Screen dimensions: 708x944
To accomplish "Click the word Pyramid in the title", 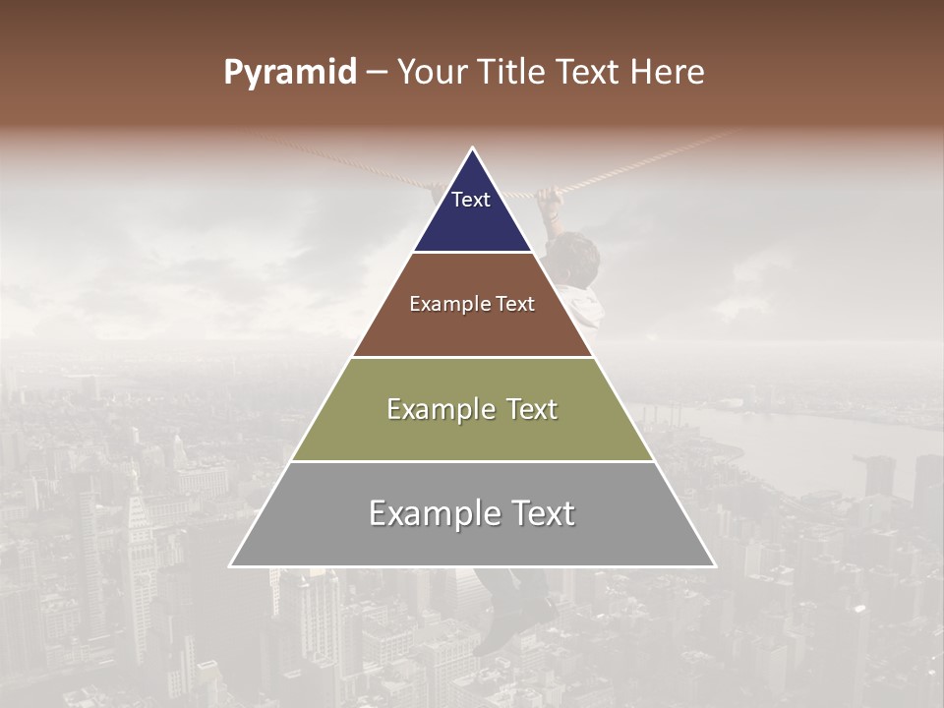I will point(289,73).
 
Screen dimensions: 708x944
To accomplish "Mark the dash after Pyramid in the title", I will point(376,73).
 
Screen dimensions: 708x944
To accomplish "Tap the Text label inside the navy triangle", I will point(471,200).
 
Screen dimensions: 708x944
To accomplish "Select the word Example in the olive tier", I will point(439,409).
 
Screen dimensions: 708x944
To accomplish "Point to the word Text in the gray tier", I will point(536,513).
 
